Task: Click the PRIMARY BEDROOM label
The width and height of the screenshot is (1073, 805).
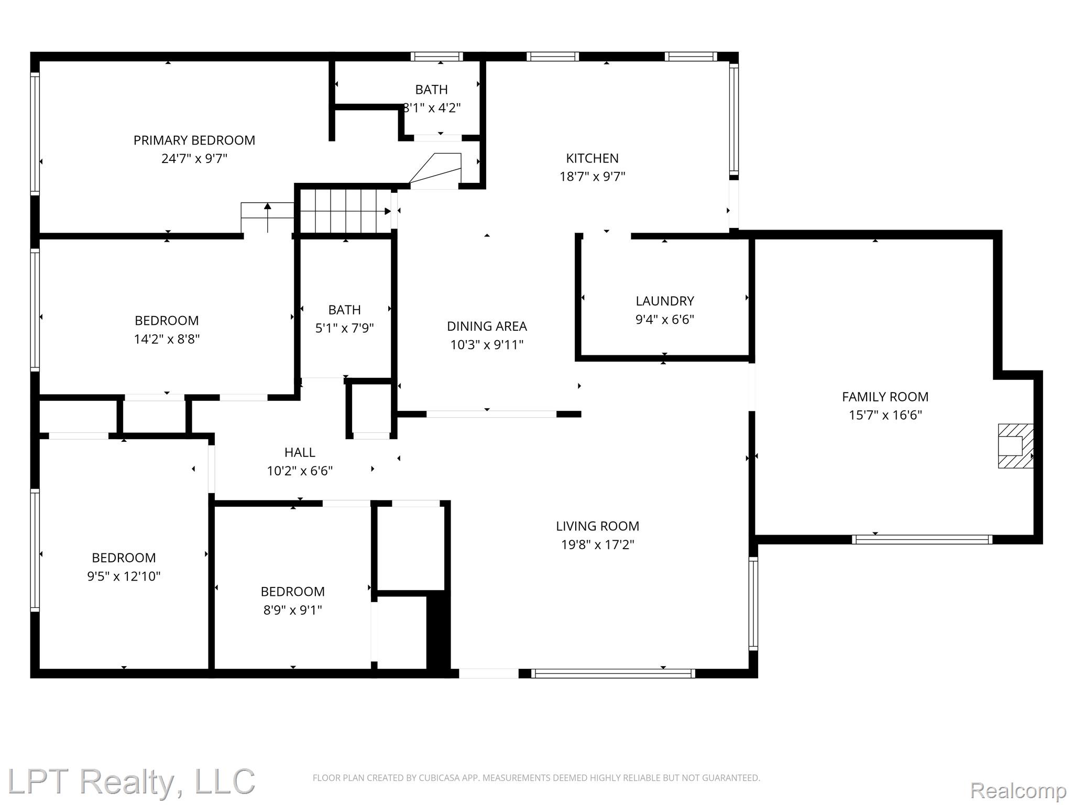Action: click(194, 140)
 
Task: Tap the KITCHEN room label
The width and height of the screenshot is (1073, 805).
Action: click(592, 158)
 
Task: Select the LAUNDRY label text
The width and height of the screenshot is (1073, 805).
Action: click(665, 301)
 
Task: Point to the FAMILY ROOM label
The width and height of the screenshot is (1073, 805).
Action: click(885, 397)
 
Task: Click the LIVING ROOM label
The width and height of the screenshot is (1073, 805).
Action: click(597, 526)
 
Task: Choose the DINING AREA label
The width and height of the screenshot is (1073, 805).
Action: click(487, 327)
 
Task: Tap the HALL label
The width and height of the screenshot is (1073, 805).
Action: click(300, 452)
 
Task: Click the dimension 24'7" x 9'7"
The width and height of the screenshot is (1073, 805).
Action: click(194, 159)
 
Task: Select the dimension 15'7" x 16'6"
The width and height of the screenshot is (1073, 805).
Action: click(885, 416)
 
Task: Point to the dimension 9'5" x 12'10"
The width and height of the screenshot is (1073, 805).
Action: click(124, 576)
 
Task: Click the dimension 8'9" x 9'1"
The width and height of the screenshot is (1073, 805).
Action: click(292, 610)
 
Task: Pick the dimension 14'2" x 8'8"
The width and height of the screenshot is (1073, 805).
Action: click(167, 339)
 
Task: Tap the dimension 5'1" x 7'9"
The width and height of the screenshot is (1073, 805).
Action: click(344, 329)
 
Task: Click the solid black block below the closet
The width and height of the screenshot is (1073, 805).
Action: click(438, 633)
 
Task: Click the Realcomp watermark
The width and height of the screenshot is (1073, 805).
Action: click(1019, 791)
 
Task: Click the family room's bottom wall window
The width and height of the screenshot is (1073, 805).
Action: click(922, 539)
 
